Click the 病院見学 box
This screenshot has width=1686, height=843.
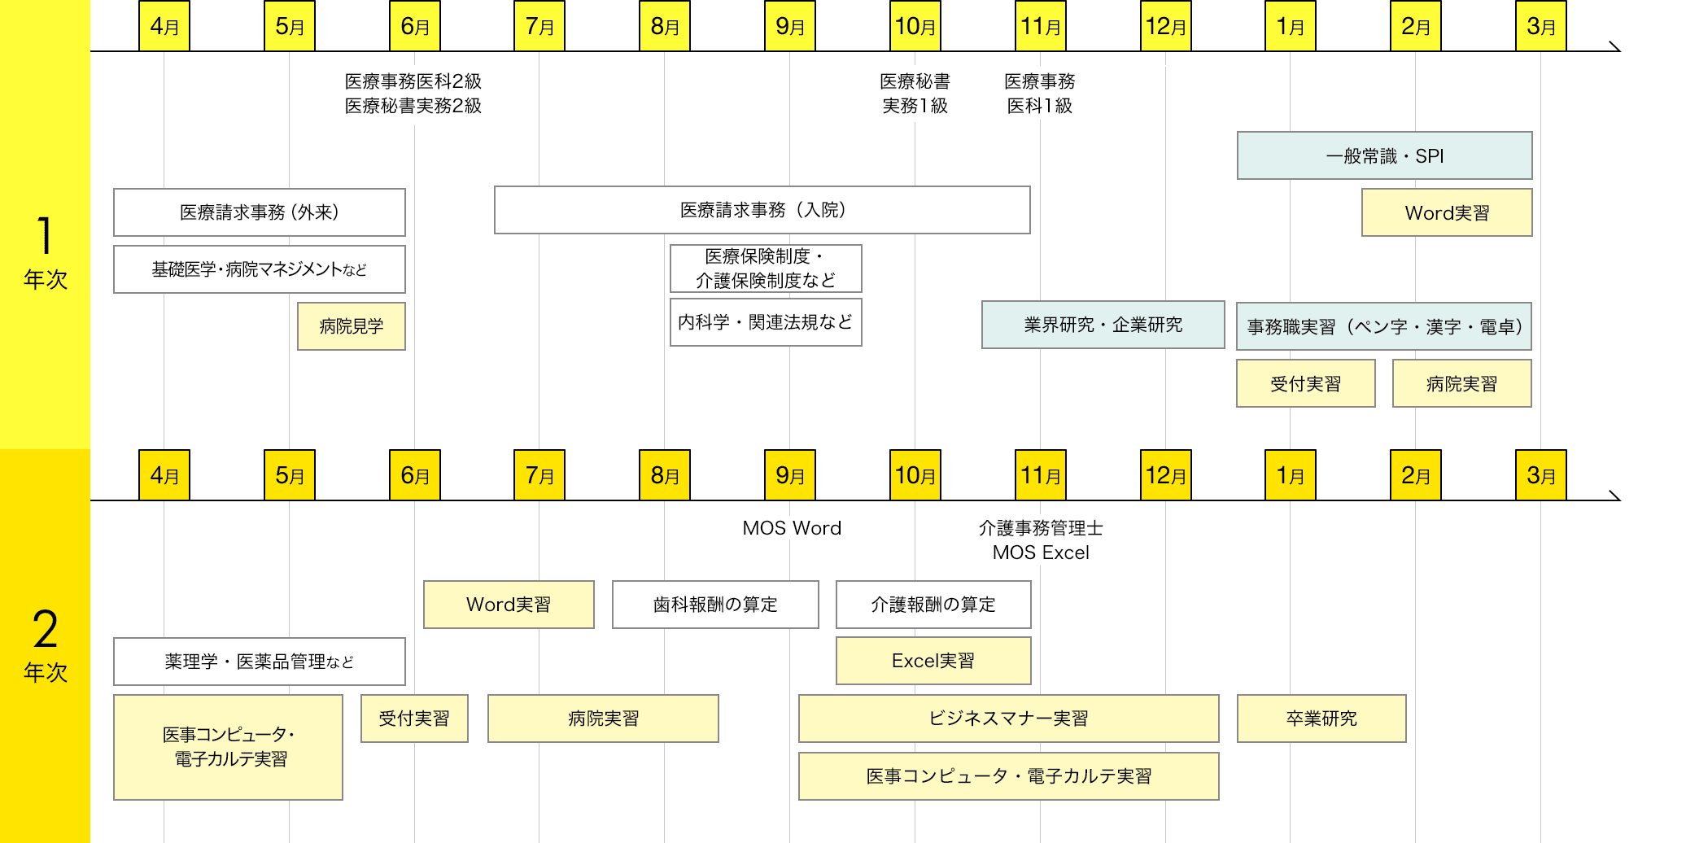(351, 326)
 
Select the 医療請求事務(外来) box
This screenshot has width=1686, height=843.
(259, 212)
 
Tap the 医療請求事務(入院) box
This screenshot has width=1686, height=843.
(762, 210)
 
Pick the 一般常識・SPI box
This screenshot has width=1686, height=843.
(1384, 155)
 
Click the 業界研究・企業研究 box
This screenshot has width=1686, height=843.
(1103, 325)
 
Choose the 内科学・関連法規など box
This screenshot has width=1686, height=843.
(765, 322)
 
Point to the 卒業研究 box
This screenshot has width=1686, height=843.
(1321, 719)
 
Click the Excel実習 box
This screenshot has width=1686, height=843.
(933, 661)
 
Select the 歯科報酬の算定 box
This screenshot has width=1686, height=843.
(714, 605)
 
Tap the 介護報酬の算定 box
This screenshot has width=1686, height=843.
(933, 605)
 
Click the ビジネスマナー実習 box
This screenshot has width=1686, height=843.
(1008, 719)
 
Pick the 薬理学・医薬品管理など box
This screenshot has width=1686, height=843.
(259, 662)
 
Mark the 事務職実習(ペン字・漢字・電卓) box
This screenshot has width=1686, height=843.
(1383, 326)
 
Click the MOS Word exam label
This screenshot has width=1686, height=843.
(792, 528)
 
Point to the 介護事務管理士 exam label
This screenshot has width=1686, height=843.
(1040, 528)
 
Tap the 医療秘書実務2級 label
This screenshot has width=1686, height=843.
(413, 106)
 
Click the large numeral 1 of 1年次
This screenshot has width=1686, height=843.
(45, 236)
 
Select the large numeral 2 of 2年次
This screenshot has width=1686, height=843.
(45, 629)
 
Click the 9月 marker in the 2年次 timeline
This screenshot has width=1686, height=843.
(789, 475)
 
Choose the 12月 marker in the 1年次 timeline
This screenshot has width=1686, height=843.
(1165, 26)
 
